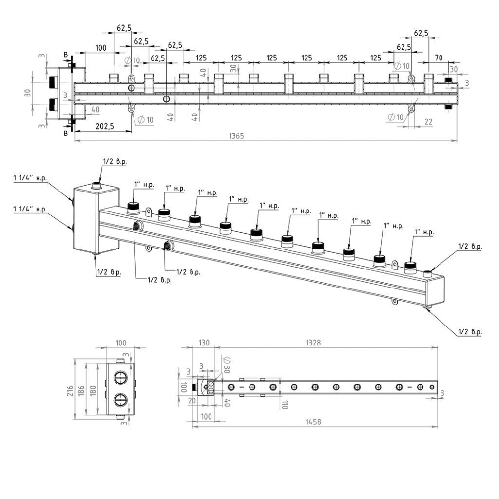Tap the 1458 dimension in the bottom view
314,422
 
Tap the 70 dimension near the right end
438,58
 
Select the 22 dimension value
428,122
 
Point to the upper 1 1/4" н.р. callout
30,179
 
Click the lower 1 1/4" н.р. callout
30,210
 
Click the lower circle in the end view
119,400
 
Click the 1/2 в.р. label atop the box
114,161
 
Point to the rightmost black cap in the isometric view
411,265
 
